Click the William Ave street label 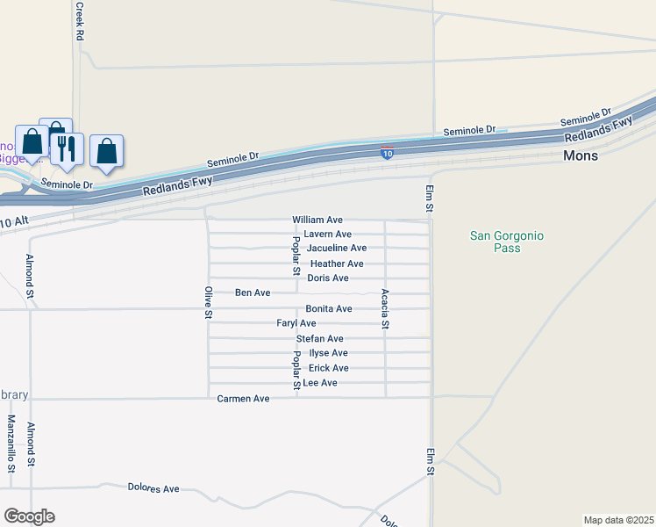pos(317,220)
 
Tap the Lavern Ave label pos(327,235)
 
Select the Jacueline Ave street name pos(337,249)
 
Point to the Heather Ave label pos(337,263)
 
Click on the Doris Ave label pos(327,278)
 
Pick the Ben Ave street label pos(253,292)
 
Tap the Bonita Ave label pos(328,309)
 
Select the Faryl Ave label pos(296,323)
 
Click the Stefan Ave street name pos(319,339)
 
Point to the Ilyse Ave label pos(328,353)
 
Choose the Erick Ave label pos(328,368)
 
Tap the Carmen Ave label pos(243,399)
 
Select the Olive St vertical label pos(209,302)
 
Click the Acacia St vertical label pos(385,309)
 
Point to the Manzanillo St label pos(12,444)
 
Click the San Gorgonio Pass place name pos(507,242)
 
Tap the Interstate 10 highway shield pos(387,154)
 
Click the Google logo pos(29,516)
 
